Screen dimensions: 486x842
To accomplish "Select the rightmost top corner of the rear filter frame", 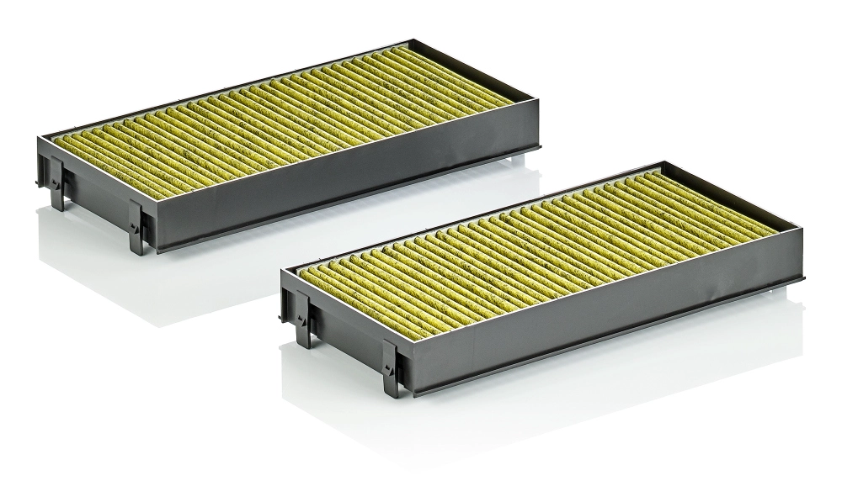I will [540, 110].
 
